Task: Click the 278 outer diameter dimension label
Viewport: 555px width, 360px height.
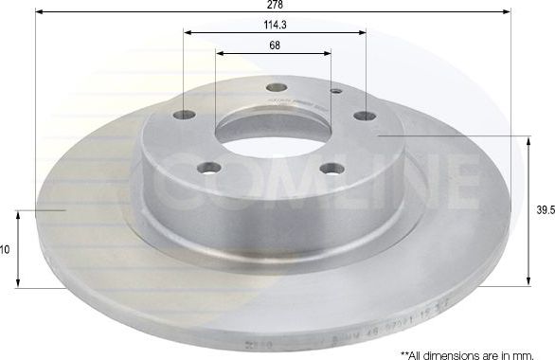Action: pyautogui.click(x=274, y=5)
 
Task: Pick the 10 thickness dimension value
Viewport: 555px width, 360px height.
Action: pyautogui.click(x=5, y=250)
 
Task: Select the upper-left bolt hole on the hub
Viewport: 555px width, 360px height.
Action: pyautogui.click(x=186, y=115)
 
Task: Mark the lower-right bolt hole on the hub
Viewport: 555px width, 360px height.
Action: pyautogui.click(x=331, y=169)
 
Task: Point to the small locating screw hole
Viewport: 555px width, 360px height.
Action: pyautogui.click(x=336, y=93)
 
